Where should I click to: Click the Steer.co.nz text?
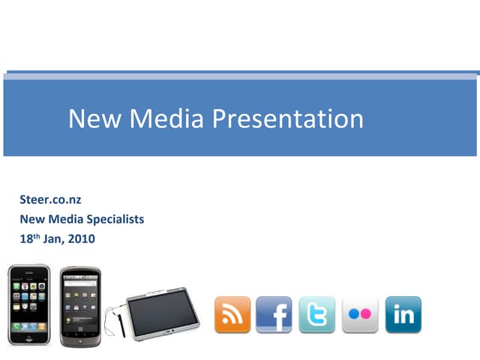(x=49, y=199)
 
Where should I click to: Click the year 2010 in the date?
(x=80, y=239)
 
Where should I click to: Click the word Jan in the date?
(x=52, y=239)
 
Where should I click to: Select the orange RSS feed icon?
(x=232, y=314)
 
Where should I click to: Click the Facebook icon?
(x=274, y=314)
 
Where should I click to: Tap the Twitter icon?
(x=317, y=314)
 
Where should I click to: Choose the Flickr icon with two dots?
(x=360, y=314)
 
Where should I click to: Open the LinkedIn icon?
(x=403, y=314)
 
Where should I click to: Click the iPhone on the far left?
(x=28, y=304)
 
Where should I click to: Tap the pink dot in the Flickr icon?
(x=367, y=314)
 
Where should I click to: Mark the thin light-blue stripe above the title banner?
(x=240, y=76)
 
